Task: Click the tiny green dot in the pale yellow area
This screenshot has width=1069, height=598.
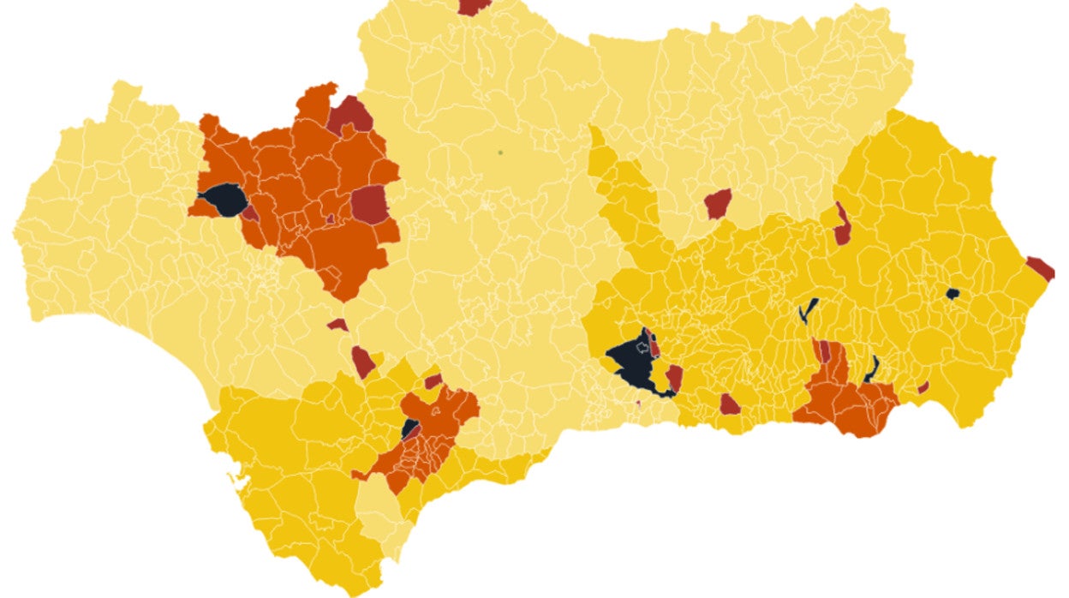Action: coord(499,152)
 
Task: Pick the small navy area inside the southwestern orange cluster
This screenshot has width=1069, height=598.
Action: coord(409,428)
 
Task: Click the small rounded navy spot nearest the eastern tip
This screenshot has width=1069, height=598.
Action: coord(952,294)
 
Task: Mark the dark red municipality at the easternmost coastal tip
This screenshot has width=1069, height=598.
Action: coord(1041,268)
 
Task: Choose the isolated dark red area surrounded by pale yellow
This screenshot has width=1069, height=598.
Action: coord(718,203)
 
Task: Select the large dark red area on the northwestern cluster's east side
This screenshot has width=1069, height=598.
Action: coord(369,205)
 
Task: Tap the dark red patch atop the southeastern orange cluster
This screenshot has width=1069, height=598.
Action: coord(821,350)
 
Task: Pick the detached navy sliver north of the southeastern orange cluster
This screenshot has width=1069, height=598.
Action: coord(808,309)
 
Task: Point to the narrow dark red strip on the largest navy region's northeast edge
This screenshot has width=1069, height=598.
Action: coord(654,344)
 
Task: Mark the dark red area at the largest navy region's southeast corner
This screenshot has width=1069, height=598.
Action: coord(674,378)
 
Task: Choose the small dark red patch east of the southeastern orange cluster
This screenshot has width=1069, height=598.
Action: coord(923,387)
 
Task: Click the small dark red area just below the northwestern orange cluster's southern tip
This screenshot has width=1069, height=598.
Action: coord(337,325)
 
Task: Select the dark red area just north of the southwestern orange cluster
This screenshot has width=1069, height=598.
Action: coord(433,380)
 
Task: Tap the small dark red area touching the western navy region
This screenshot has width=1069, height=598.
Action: coord(250,212)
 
